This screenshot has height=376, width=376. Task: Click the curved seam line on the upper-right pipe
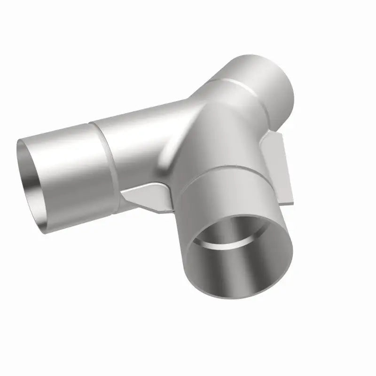click(235, 85)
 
